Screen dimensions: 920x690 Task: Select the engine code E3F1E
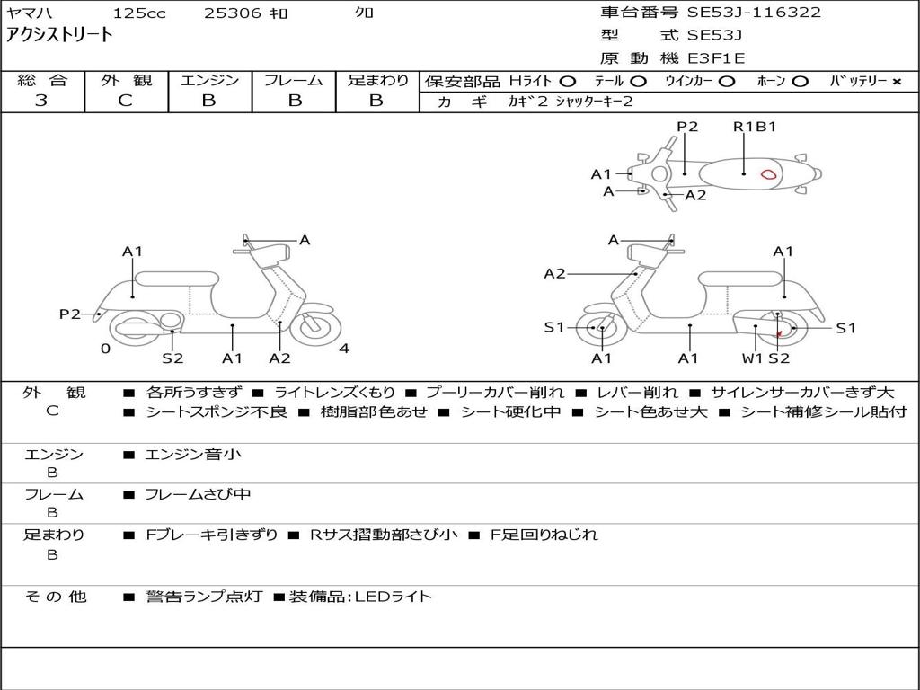point(716,58)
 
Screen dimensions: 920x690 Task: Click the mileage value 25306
point(233,13)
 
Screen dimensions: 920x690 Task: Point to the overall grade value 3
point(41,101)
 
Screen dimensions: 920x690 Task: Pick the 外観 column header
point(126,81)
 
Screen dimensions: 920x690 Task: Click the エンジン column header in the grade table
point(209,81)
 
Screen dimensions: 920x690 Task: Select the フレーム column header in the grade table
point(294,81)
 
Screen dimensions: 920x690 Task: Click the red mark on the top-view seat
point(769,174)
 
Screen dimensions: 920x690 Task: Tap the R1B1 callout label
point(754,127)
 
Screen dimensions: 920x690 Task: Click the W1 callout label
point(752,358)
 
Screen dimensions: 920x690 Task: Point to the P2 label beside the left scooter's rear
point(70,314)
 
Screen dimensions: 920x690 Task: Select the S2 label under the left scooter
point(172,358)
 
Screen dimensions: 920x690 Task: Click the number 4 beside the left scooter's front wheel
point(344,349)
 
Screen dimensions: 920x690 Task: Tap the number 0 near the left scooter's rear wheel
point(105,349)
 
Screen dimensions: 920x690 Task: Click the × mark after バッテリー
point(896,81)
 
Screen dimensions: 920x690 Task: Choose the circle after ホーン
point(801,81)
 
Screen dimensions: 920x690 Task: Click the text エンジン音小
point(193,455)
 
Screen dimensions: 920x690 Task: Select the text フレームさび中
point(198,494)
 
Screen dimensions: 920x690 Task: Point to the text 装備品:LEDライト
point(359,597)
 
